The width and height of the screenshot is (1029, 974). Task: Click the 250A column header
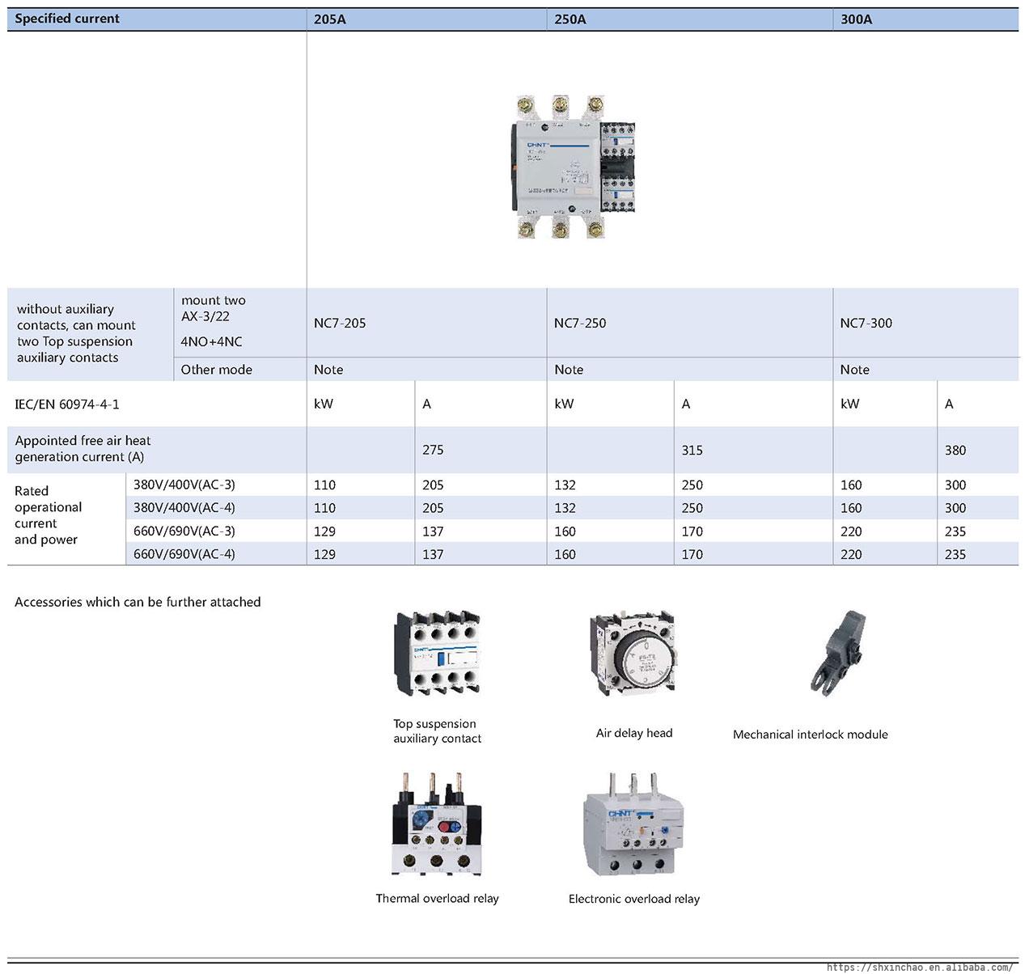pos(570,19)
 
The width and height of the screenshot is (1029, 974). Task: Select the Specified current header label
pos(67,19)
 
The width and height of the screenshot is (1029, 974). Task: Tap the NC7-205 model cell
pos(340,324)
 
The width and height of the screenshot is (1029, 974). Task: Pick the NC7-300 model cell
pos(866,324)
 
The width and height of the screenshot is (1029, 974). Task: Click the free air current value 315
pos(692,450)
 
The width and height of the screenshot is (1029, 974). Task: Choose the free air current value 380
pos(955,451)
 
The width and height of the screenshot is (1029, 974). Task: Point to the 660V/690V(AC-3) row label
pos(184,531)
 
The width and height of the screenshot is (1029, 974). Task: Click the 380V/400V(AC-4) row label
pos(184,508)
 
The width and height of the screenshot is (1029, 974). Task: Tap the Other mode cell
pos(216,370)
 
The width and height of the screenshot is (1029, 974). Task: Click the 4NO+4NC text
pos(211,341)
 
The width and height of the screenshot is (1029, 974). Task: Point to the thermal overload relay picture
pos(437,825)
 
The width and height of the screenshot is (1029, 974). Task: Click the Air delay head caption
pos(634,733)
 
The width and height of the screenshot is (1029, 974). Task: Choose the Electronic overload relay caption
pos(633,899)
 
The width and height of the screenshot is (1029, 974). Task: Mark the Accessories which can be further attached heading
pos(138,602)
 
